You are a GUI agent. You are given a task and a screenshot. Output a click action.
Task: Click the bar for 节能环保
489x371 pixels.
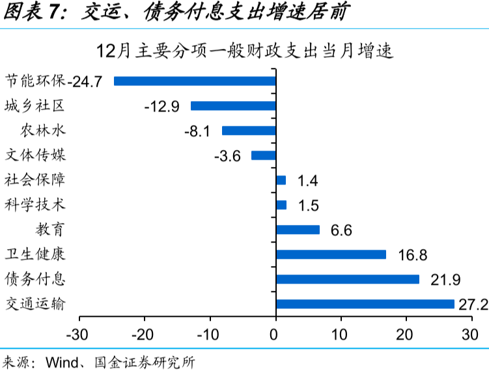click(x=195, y=81)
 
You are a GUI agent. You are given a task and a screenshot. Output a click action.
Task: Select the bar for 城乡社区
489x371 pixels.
click(x=233, y=106)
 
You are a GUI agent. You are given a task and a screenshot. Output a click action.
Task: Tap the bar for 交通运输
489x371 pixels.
click(x=365, y=304)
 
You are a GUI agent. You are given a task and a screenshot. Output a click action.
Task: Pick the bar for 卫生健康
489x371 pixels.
click(x=331, y=254)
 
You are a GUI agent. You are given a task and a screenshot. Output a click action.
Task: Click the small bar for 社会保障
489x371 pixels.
click(x=281, y=180)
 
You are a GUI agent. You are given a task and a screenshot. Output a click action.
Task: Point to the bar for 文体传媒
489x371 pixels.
click(x=264, y=155)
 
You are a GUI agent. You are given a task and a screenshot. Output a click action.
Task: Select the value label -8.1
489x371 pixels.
click(x=197, y=131)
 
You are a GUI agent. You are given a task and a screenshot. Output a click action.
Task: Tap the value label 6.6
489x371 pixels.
click(x=341, y=230)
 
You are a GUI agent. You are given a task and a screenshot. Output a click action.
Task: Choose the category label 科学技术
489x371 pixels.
click(x=35, y=205)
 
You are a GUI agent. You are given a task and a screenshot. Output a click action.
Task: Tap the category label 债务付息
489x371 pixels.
click(x=35, y=279)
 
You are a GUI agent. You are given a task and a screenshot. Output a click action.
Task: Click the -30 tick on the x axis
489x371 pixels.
click(x=79, y=335)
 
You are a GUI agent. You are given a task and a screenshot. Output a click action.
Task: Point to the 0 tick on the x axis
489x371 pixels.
click(x=276, y=335)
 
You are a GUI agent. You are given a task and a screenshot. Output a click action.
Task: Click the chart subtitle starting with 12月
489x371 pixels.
click(x=244, y=52)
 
